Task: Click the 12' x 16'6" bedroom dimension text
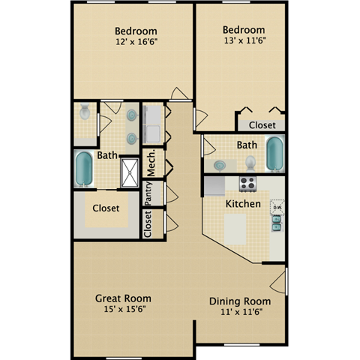[135, 43]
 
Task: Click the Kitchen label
[243, 203]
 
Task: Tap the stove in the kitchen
[248, 184]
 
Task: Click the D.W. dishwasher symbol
[277, 207]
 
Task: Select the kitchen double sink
[277, 221]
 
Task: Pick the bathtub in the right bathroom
[275, 154]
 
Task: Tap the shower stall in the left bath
[130, 172]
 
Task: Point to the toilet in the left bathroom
[85, 114]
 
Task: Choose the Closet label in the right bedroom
[262, 125]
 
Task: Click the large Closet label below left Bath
[106, 208]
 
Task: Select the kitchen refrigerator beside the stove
[215, 184]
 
